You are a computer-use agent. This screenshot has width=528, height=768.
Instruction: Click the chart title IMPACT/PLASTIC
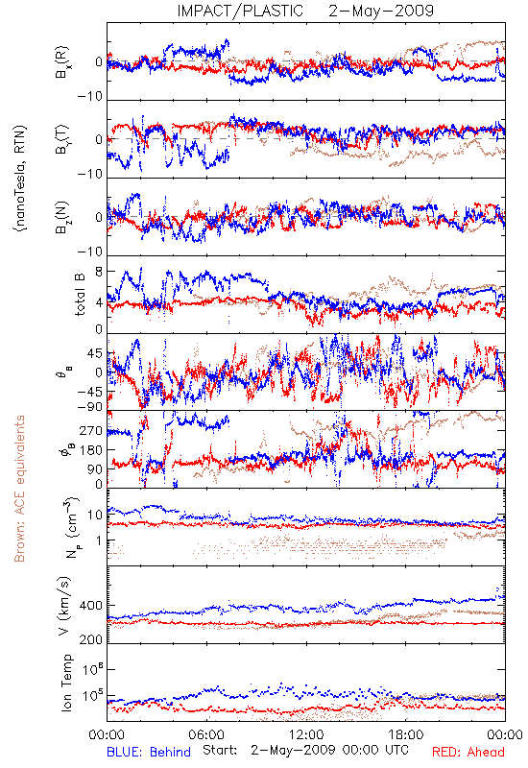pos(240,11)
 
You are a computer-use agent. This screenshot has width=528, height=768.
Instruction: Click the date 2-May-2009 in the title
pos(381,11)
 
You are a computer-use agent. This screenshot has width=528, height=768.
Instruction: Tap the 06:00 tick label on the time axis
pos(206,734)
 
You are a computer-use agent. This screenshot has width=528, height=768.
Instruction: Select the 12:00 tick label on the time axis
pos(306,734)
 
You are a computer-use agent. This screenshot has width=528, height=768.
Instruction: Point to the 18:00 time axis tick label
pos(406,734)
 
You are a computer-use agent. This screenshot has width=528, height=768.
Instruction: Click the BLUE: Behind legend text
pos(149,752)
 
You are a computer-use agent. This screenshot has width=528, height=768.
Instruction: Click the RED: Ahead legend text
pos(468,752)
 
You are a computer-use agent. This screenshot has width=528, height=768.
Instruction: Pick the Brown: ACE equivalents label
pos(19,489)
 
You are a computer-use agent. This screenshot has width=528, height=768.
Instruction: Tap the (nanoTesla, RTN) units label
pos(21,179)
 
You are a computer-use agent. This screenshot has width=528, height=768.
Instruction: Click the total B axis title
pos(80,295)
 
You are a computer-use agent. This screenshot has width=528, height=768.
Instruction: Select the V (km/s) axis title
pos(64,606)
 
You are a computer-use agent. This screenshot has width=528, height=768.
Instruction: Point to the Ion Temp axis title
pos(66,683)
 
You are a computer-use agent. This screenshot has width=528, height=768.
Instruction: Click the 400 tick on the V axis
pos(91,606)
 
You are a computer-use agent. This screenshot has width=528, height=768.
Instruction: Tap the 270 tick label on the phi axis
pos(91,430)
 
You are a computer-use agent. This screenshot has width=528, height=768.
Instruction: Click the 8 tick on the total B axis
pos(99,272)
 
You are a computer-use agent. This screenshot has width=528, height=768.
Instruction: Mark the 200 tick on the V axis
pos(91,639)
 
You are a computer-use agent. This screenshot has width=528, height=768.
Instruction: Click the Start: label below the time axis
pos(220,750)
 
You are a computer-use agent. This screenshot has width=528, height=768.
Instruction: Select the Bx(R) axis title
pos(62,62)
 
